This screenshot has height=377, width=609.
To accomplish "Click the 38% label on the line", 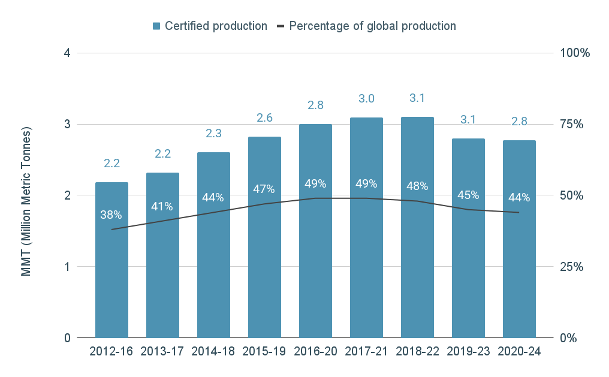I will (111, 215).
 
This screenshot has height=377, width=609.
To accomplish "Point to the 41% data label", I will (162, 206).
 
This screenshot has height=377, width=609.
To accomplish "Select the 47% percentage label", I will (264, 189).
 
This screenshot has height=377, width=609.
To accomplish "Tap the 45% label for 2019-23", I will (468, 195).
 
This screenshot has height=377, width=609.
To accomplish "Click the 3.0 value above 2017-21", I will (366, 98).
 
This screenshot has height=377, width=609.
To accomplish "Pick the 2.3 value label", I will (213, 134).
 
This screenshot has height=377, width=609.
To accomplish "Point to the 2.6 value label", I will (264, 118).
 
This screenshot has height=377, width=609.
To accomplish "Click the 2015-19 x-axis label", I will (264, 352).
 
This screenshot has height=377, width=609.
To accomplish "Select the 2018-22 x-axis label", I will (417, 352).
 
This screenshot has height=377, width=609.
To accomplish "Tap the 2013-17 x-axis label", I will (162, 352).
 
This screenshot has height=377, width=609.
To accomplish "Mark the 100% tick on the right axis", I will (575, 53).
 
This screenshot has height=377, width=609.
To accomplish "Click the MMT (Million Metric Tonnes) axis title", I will (26, 201).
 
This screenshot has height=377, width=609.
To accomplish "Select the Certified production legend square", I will (156, 26).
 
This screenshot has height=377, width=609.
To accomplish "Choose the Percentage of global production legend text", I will (372, 26).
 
